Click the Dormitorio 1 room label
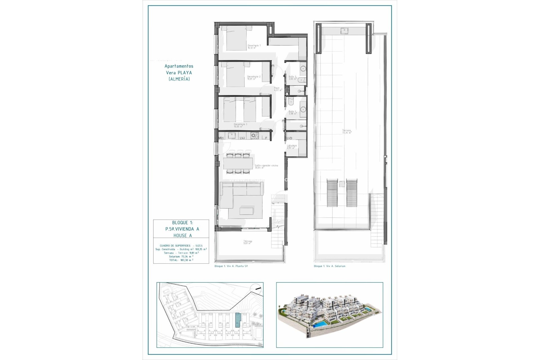coord(254,46)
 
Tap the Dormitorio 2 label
coord(254,78)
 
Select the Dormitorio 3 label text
coord(240,125)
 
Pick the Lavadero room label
coord(292,147)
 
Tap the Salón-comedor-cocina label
coord(266,166)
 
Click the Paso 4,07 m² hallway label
coord(278,89)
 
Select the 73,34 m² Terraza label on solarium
coord(346,131)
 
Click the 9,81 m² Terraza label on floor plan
coord(248,242)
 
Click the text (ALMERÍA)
coord(179,79)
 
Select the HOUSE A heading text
coord(183,235)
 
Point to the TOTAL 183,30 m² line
coord(181,260)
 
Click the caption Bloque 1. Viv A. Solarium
coord(329,266)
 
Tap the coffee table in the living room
coord(246,211)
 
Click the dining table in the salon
coord(238,163)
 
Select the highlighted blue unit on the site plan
coord(238,320)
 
